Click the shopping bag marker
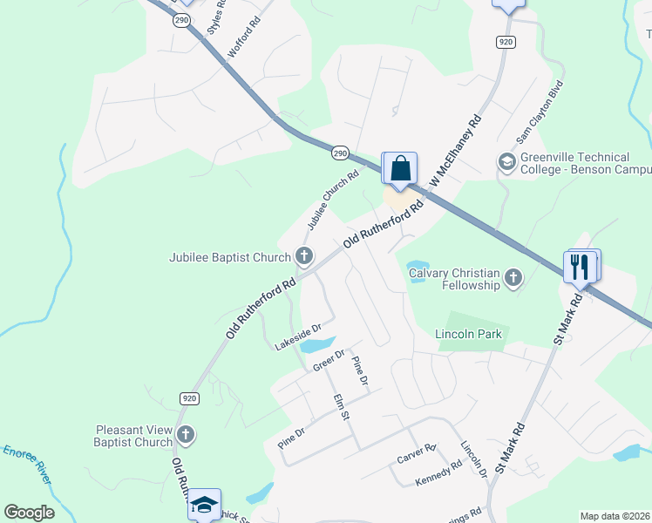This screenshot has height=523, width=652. point(400,168)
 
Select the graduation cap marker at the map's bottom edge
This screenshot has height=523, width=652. point(204,505)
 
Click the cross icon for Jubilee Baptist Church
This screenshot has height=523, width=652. point(303,256)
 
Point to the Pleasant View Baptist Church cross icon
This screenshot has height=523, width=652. point(185,435)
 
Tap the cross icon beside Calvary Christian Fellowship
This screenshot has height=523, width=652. point(513,278)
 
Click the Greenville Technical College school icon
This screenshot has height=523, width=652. point(506,162)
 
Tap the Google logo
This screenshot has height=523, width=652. point(30,512)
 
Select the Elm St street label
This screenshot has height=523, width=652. point(341,407)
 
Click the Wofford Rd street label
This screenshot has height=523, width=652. point(244,36)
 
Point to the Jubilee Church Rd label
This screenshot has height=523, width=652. point(332,200)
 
